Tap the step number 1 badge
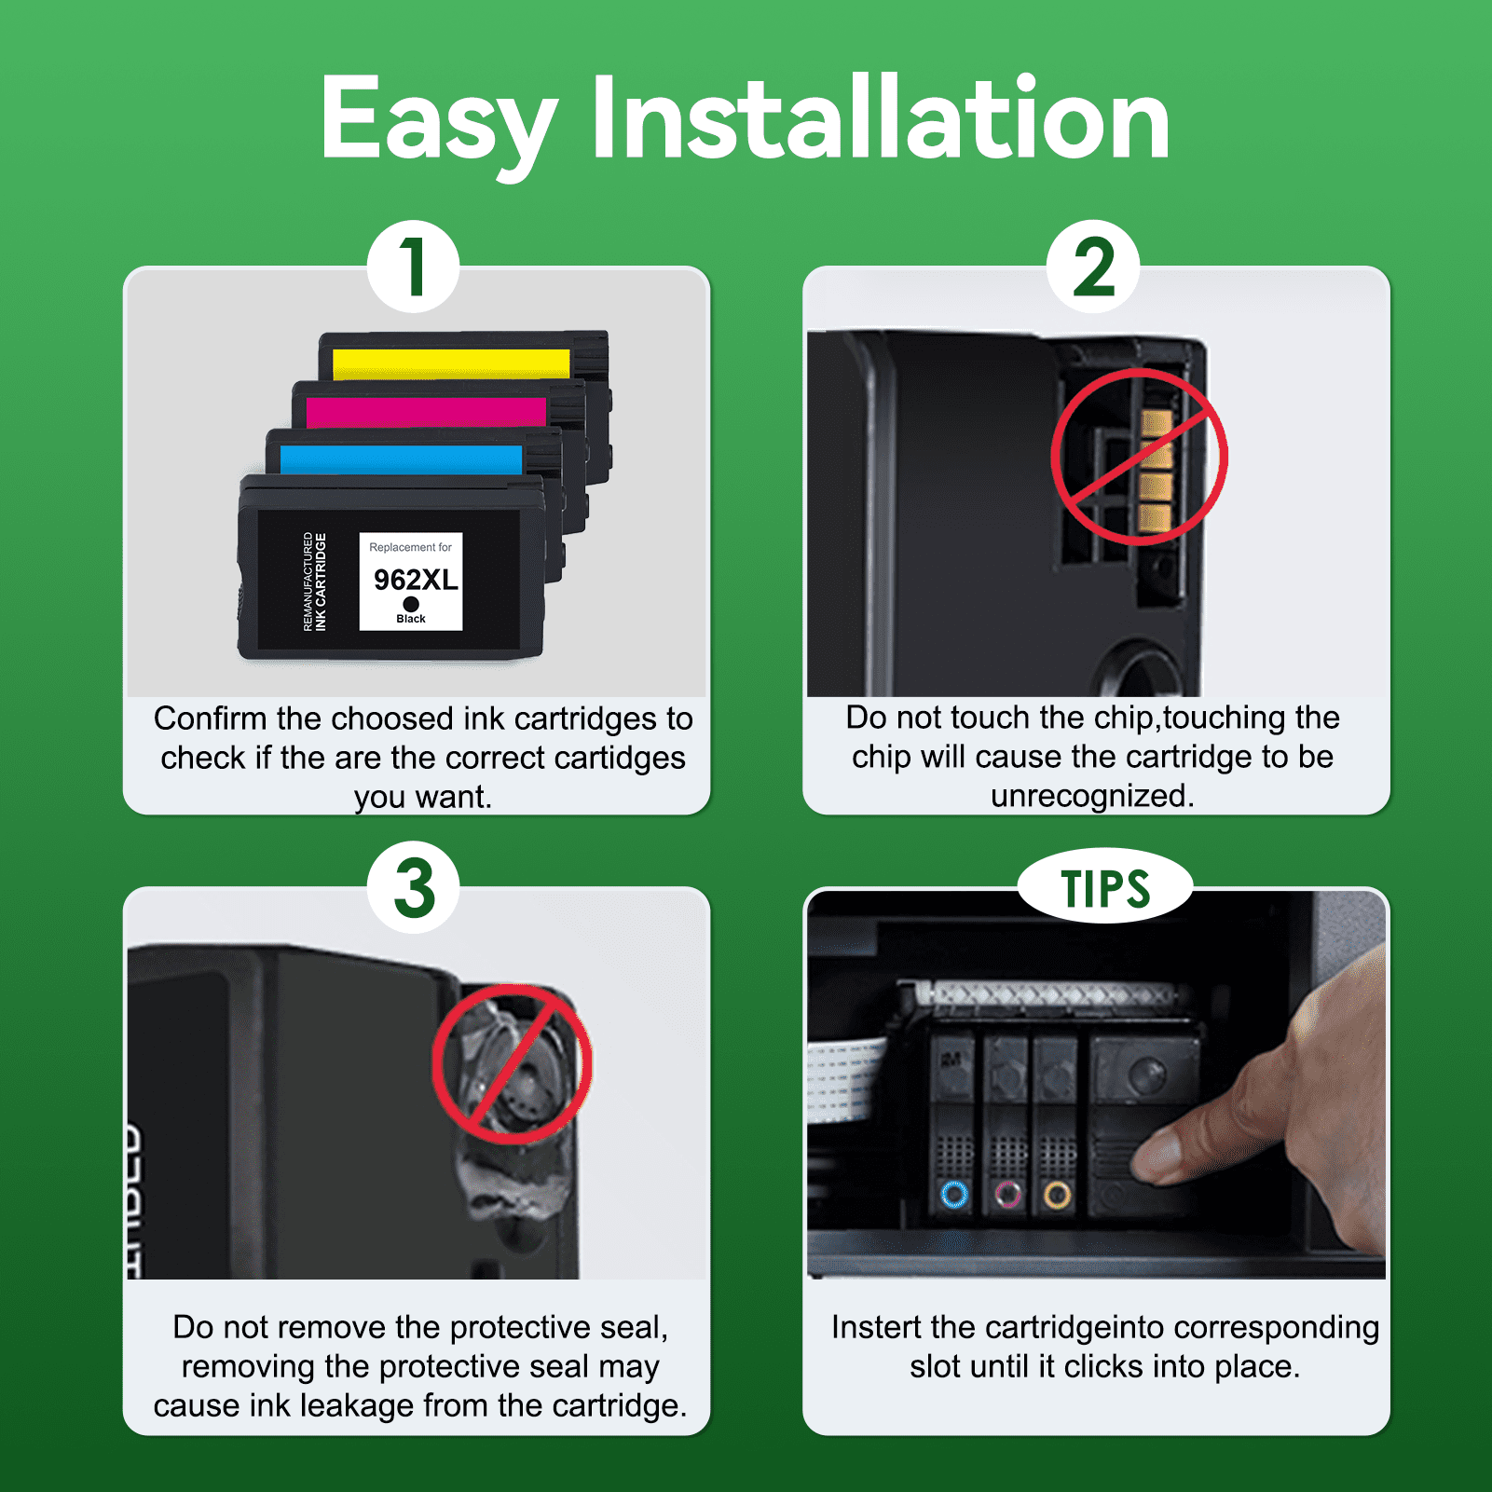[x=413, y=267]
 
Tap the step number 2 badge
[x=1093, y=267]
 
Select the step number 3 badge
[x=414, y=887]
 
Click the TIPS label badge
[x=1105, y=886]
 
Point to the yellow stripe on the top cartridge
[x=451, y=363]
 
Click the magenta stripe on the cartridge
[x=426, y=412]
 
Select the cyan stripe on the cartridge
[x=401, y=459]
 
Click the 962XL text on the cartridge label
[x=416, y=580]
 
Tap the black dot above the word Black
[x=411, y=604]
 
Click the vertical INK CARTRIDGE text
[x=321, y=582]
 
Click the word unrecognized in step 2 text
[x=1091, y=797]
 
